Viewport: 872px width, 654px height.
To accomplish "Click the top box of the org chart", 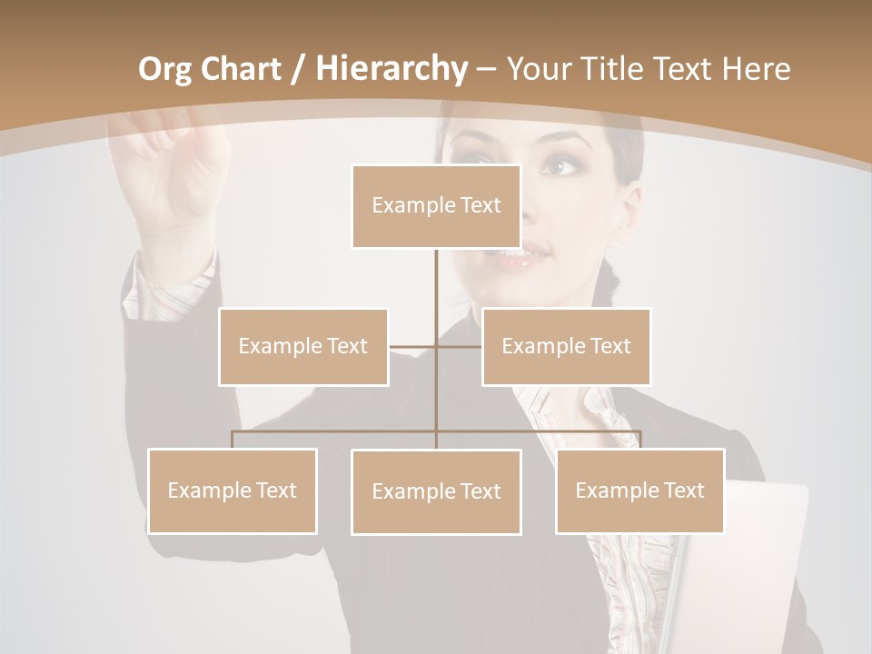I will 436,206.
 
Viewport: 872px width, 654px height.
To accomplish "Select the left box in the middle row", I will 303,346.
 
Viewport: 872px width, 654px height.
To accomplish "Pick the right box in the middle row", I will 566,346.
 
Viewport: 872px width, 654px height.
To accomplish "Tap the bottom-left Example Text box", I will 233,490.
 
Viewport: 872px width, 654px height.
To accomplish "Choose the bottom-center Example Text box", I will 436,491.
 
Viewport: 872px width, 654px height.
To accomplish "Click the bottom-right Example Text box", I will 639,490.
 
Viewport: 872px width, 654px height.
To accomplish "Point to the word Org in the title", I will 164,68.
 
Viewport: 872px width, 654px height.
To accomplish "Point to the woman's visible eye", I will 559,167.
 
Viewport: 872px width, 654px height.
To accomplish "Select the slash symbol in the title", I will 298,69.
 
